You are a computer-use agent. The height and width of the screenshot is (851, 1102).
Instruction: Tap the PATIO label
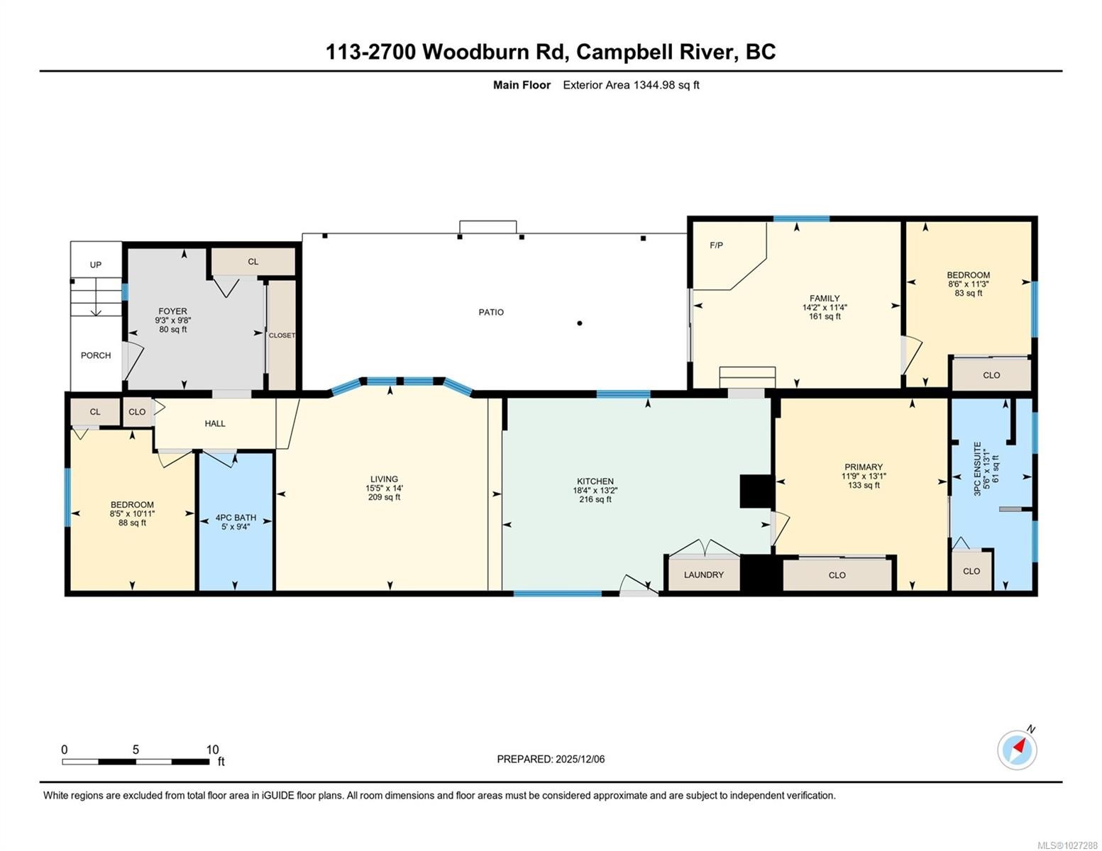point(491,312)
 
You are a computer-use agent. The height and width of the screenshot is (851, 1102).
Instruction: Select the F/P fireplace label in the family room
point(716,245)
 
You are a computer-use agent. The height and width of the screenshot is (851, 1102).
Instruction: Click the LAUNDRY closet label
point(704,574)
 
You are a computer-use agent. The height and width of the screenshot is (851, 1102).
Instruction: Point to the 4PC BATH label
point(236,518)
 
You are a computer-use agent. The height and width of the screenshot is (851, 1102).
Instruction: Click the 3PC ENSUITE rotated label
point(977,469)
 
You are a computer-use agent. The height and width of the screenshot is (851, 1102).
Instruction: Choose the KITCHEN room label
point(595,481)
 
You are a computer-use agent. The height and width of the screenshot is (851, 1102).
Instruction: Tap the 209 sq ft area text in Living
point(384,497)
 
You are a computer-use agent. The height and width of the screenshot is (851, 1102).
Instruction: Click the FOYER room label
point(172,311)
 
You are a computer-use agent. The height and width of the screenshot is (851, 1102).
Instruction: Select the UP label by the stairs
point(96,265)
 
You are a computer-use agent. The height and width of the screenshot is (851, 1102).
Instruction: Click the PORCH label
point(96,355)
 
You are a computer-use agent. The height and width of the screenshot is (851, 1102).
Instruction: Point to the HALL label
point(215,423)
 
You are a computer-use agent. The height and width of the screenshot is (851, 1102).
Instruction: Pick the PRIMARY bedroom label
point(864,467)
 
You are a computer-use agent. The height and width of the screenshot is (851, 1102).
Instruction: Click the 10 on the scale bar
point(212,750)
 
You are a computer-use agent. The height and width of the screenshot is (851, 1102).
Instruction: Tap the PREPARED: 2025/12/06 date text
point(551,759)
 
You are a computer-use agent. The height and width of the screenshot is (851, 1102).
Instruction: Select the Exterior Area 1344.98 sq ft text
point(631,85)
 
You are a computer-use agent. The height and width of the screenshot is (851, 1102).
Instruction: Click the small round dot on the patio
point(580,323)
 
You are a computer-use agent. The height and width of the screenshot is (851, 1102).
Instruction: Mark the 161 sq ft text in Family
point(825,316)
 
